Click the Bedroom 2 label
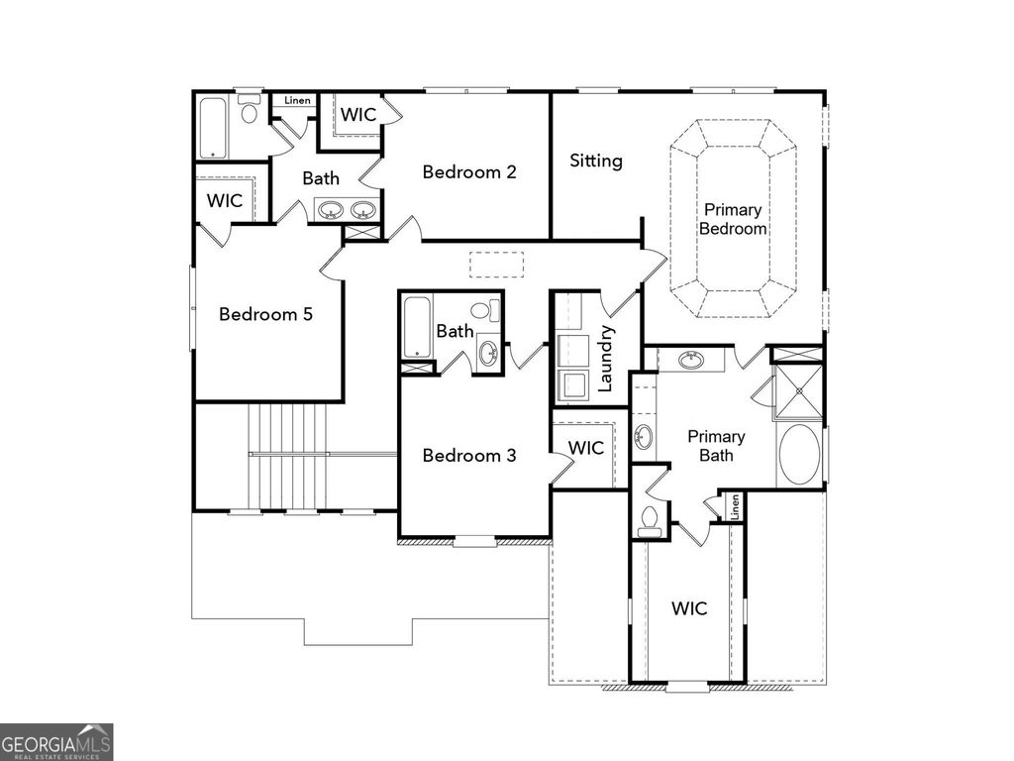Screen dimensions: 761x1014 point(469,172)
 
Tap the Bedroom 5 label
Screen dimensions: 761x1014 point(265,314)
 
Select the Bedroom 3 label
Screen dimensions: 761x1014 point(469,456)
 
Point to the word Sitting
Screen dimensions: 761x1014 point(596,161)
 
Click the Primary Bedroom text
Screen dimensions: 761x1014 point(733,219)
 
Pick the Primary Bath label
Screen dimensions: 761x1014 point(716,446)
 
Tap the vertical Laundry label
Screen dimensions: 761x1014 point(607,359)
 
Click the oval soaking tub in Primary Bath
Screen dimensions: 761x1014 point(799,455)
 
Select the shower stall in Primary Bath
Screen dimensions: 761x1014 point(798,391)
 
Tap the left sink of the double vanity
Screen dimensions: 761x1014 point(332,210)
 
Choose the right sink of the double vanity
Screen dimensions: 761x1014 point(363,210)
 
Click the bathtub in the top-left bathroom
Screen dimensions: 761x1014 point(213,128)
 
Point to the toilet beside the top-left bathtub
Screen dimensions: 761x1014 point(250,111)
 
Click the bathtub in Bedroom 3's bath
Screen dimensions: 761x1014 point(416,328)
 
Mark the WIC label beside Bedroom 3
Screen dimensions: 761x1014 point(586,448)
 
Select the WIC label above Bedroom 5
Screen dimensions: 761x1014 point(225,200)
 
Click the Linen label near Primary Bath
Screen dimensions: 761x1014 point(735,507)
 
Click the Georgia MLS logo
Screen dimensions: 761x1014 point(56,741)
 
